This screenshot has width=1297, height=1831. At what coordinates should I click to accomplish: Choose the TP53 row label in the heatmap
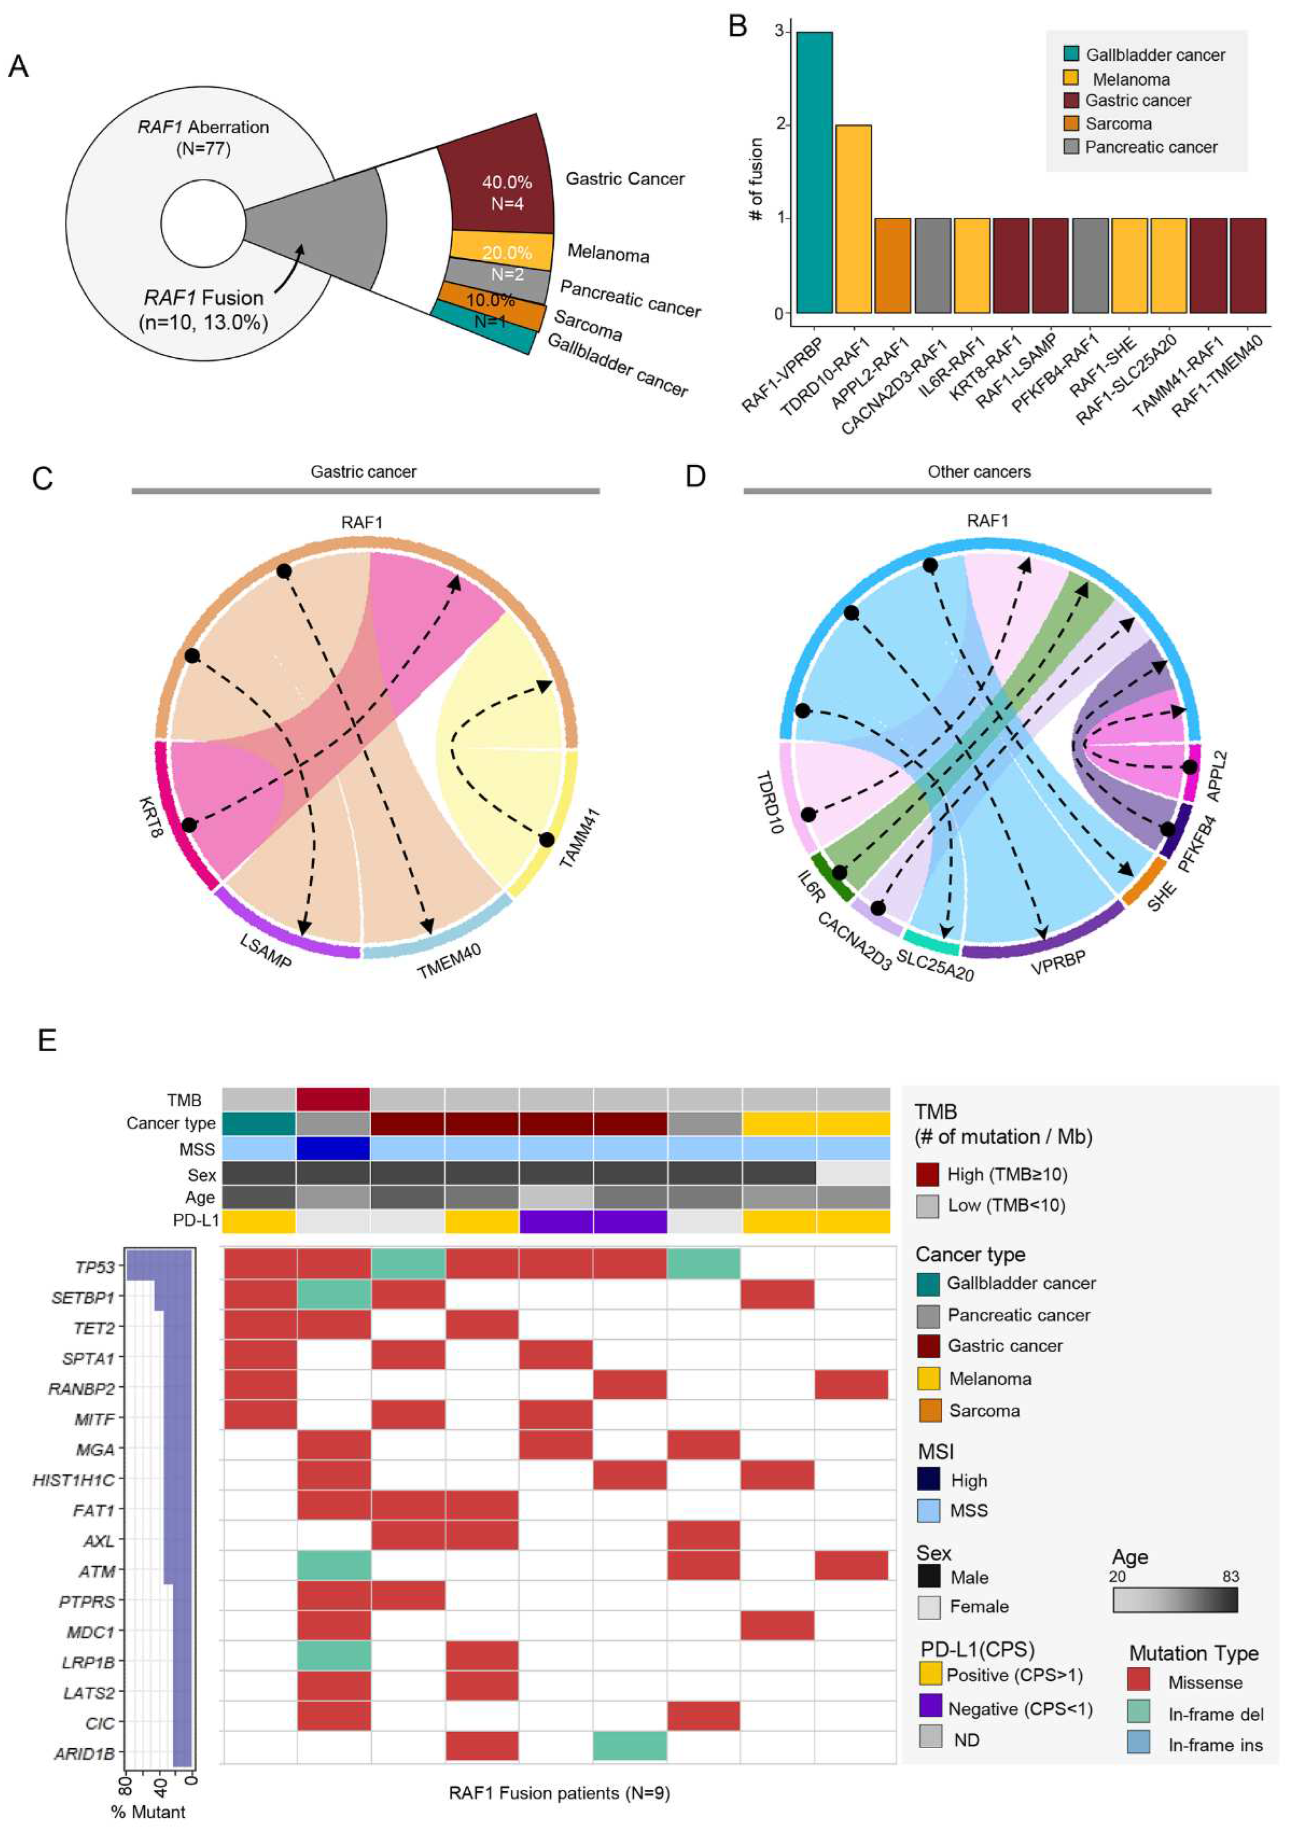click(x=94, y=1267)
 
